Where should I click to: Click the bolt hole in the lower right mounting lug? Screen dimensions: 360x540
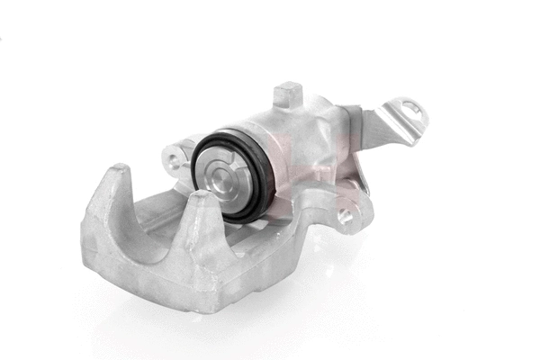[346, 216]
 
